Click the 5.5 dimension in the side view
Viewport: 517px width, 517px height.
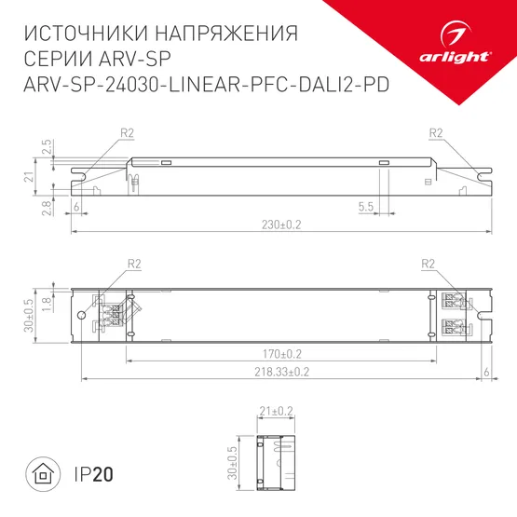click(x=365, y=205)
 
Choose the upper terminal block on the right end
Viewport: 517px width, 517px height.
click(x=451, y=301)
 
